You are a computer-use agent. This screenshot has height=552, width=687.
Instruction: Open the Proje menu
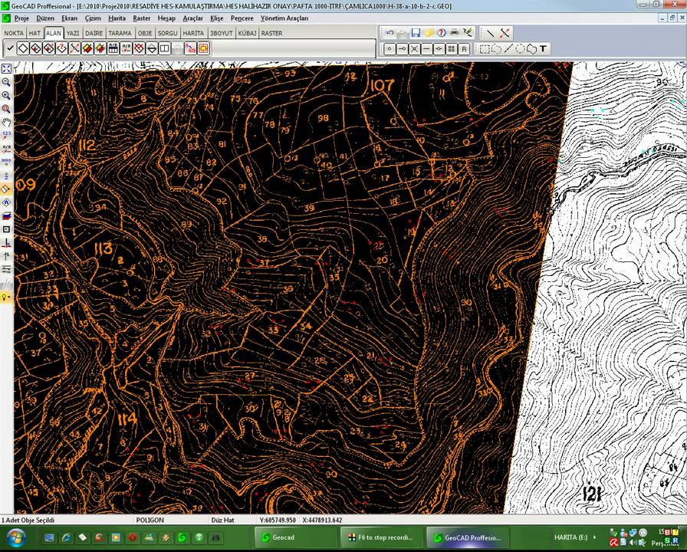[x=21, y=18]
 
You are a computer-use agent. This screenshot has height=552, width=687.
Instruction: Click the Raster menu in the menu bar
[x=141, y=18]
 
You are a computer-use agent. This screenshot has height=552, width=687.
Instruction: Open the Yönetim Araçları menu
[x=284, y=18]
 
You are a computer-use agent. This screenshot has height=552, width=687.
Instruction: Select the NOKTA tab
[x=14, y=34]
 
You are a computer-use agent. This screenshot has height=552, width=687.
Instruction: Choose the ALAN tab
[x=54, y=34]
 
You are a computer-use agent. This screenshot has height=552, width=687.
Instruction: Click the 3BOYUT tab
[x=221, y=34]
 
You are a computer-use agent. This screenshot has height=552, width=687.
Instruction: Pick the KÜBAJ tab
[x=247, y=34]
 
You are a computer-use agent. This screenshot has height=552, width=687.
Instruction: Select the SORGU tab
[x=167, y=34]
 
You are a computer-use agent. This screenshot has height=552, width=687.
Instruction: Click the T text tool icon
[x=543, y=49]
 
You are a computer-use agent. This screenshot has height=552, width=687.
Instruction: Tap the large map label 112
[x=87, y=146]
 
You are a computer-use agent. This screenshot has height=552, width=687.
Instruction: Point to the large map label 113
[x=103, y=248]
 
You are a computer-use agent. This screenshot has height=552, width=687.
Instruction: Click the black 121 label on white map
[x=591, y=493]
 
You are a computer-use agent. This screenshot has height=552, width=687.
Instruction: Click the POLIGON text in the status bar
[x=150, y=520]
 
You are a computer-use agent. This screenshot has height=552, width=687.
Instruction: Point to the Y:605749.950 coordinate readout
[x=268, y=520]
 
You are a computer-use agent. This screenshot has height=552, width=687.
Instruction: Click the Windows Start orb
[x=15, y=537]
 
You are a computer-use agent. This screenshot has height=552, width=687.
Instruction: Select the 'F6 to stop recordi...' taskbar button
[x=379, y=537]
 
